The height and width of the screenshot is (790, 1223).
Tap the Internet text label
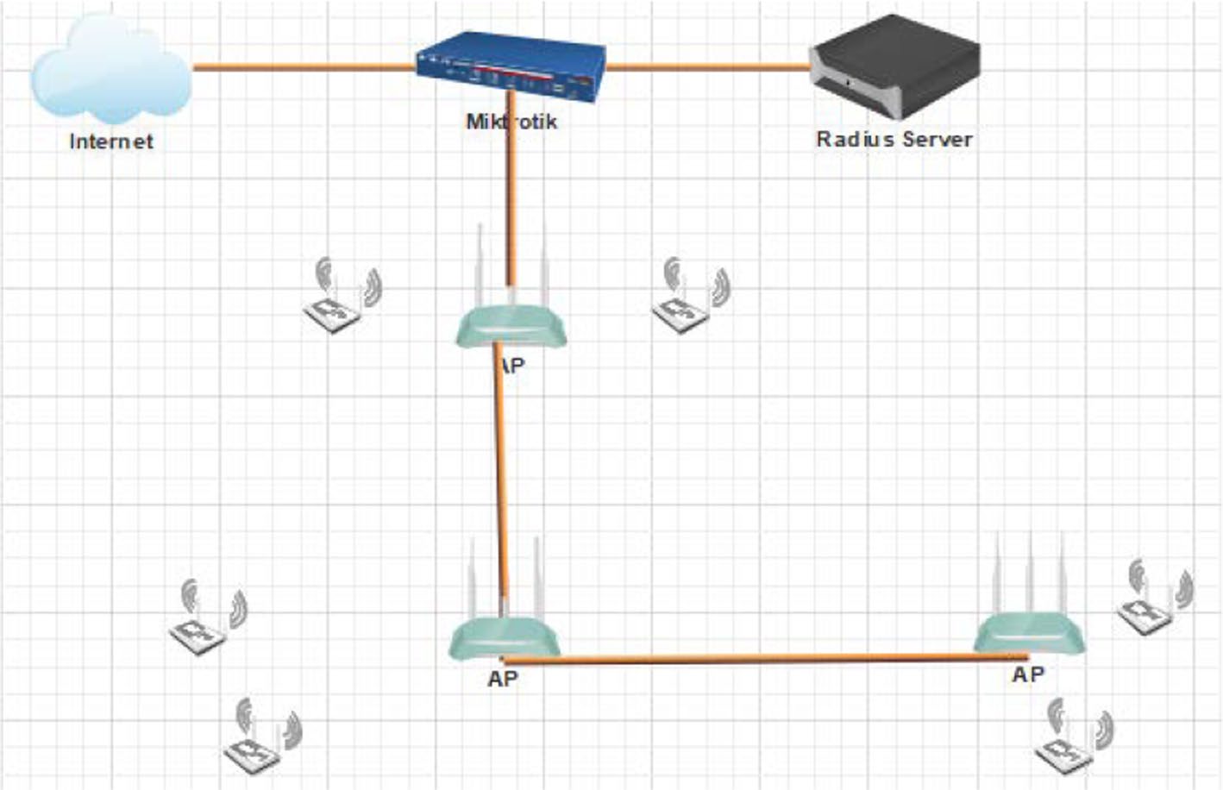pos(111,141)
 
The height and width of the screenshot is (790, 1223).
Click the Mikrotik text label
pos(511,122)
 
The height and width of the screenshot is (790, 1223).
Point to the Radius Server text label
pos(894,139)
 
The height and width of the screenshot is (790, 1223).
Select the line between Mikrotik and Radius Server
pos(707,66)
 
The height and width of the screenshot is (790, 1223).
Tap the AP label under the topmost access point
pos(512,366)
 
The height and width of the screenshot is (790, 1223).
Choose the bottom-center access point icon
pos(505,639)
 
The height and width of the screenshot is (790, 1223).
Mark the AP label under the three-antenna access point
pos(1028,674)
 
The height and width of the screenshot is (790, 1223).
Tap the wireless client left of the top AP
pos(342,298)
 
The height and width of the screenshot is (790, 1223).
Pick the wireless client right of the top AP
pos(690,298)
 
